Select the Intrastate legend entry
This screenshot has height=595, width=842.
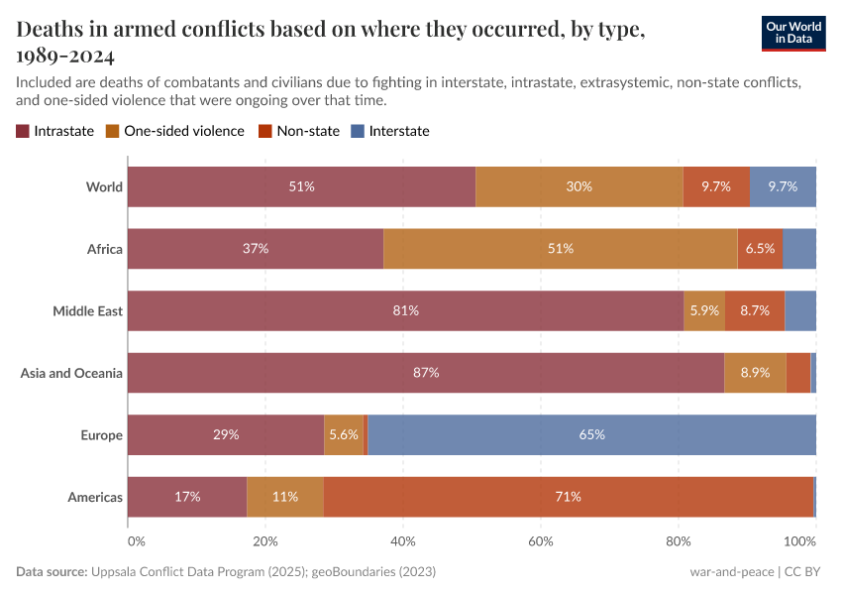[x=55, y=131]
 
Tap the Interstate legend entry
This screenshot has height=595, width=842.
[x=390, y=131]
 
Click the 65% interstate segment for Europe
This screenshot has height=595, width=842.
[x=591, y=434]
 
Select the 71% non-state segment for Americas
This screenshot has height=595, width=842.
[x=568, y=497]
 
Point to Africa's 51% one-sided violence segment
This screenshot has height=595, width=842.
[x=561, y=249]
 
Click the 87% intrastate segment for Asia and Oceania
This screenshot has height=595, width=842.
[x=426, y=373]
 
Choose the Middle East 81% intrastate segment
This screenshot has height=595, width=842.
[x=405, y=310]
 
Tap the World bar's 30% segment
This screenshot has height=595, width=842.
[x=579, y=186]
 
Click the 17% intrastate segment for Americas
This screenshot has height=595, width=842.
[x=187, y=497]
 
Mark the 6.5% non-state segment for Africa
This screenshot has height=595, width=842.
[x=760, y=249]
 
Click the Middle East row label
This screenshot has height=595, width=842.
[x=87, y=311]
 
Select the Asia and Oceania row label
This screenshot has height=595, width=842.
[x=71, y=373]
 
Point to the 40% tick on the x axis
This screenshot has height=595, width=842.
[x=403, y=541]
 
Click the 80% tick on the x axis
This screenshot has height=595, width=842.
[x=679, y=541]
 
